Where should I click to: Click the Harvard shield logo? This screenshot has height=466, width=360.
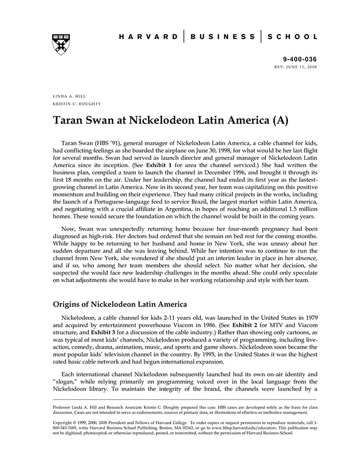coord(60,45)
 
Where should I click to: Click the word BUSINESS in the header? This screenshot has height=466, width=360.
coord(223,37)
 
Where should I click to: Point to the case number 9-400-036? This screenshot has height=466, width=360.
coord(300,60)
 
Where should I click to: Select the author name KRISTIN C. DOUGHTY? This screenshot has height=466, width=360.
coord(77,103)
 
